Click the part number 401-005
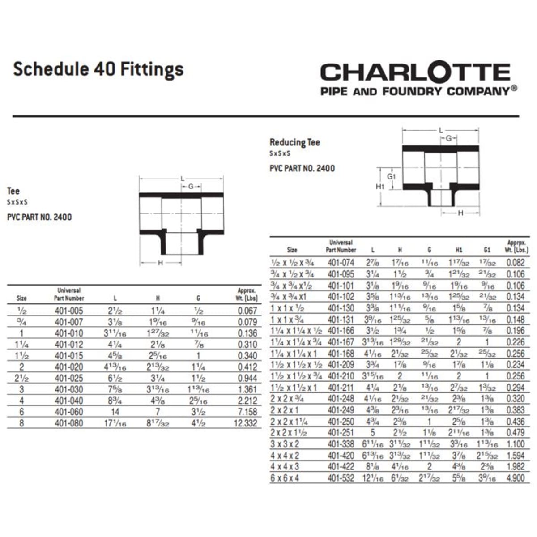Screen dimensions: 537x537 coord(68,311)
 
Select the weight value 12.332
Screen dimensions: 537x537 coord(245,423)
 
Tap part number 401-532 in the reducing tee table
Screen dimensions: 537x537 coord(341,478)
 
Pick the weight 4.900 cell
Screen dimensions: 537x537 coord(515,478)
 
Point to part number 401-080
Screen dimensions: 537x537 coord(68,423)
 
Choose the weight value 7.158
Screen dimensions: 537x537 coord(245,412)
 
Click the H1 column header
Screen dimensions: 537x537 coord(459,250)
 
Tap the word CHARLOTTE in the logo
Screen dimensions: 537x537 coord(415,72)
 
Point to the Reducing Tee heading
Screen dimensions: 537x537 coord(294,142)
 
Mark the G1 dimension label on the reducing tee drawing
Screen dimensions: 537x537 coord(392,176)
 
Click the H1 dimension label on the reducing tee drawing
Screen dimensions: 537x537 coord(380,186)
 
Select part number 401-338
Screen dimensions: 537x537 coord(341,444)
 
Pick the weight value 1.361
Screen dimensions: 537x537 coord(245,389)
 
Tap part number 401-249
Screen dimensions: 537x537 coord(341,410)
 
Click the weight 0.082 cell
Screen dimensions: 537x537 coord(515,263)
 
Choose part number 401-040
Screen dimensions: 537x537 coord(68,401)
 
